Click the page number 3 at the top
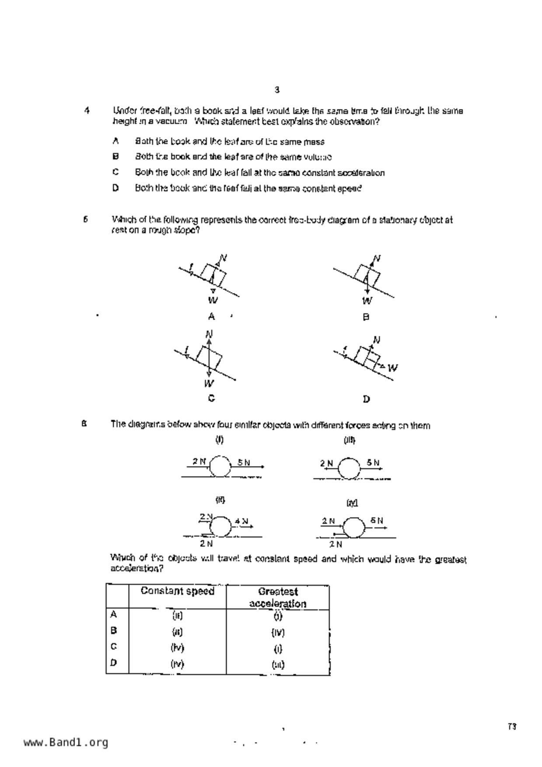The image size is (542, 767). click(277, 90)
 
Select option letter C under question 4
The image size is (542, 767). click(115, 172)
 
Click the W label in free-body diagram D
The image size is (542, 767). click(393, 368)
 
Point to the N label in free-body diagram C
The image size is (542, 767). click(209, 335)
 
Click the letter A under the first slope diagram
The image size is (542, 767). click(211, 316)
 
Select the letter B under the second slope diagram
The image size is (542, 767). click(366, 317)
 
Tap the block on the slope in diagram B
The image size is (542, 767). click(367, 275)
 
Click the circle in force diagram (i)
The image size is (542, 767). click(220, 466)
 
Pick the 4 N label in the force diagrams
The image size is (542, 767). click(241, 521)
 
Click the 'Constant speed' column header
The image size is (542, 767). click(177, 591)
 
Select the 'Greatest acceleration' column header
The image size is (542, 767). click(277, 597)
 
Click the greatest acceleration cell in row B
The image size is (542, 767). click(277, 632)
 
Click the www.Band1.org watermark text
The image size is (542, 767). click(66, 743)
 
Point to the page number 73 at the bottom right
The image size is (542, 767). click(512, 727)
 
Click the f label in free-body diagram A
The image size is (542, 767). click(191, 266)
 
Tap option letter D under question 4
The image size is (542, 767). click(115, 188)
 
